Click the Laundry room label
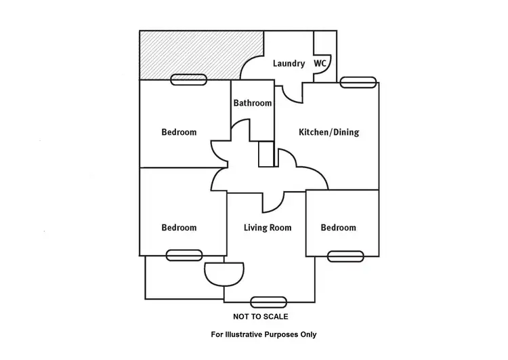click(289, 64)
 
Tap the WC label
click(320, 63)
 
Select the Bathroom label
click(253, 103)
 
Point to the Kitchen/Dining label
click(329, 132)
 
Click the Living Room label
click(268, 228)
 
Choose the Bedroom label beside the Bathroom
click(179, 132)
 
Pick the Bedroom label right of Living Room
click(338, 227)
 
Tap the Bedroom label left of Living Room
click(179, 227)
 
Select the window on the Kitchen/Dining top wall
click(358, 83)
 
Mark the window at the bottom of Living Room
click(269, 302)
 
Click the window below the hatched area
click(188, 80)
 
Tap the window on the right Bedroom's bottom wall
click(345, 256)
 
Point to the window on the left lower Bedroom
click(184, 255)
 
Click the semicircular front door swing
click(224, 275)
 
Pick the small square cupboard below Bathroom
click(266, 154)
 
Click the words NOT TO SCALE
click(261, 317)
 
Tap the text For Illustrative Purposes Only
click(263, 334)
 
